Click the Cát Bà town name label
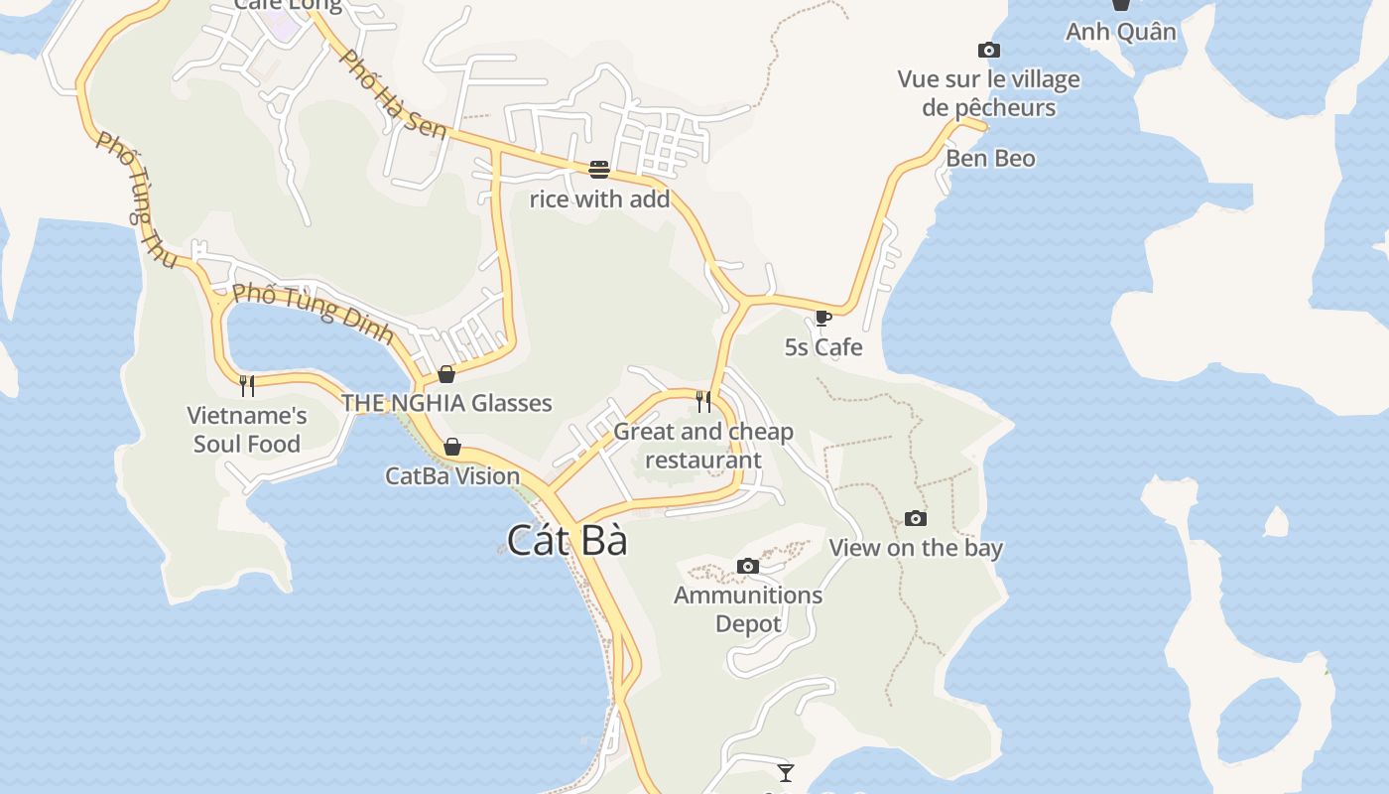pos(567,540)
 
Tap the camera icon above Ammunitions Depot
pos(748,567)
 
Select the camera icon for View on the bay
pos(916,518)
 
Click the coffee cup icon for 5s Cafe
pos(822,318)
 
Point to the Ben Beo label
pos(990,159)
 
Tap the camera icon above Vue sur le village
pos(988,51)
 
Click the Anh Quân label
pos(1120,32)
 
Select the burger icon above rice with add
pos(598,170)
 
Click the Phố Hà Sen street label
pos(391,93)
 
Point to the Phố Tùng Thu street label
pos(136,199)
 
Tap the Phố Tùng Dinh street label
pos(313,314)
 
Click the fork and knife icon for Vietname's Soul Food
pos(247,385)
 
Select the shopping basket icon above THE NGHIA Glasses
pos(446,374)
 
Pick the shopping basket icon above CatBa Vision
pos(452,448)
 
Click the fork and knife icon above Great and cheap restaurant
pos(703,401)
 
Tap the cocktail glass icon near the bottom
pos(786,772)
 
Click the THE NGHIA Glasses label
pos(446,403)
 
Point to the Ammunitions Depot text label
pos(748,609)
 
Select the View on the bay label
pos(916,548)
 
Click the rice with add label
pos(599,199)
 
